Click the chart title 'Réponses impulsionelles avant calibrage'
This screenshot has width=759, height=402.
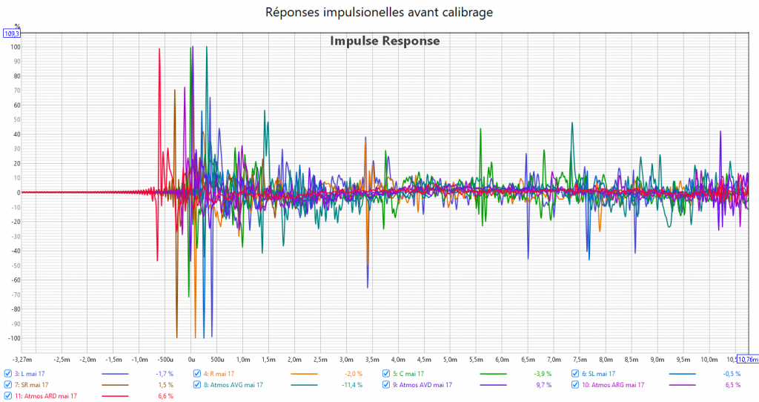coord(379,12)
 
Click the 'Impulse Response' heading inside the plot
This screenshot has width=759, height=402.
coord(385,41)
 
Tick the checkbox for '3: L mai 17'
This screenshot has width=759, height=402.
coord(8,374)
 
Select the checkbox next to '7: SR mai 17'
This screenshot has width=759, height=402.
coord(8,385)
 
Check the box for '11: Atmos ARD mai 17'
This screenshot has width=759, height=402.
coord(8,396)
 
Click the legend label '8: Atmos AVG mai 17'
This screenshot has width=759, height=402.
coord(234,385)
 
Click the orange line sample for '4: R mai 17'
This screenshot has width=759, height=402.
coord(305,374)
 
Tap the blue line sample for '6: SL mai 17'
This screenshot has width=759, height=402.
coord(683,374)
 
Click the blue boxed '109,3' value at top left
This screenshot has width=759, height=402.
coord(12,33)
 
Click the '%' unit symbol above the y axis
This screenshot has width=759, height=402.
coord(17,26)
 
